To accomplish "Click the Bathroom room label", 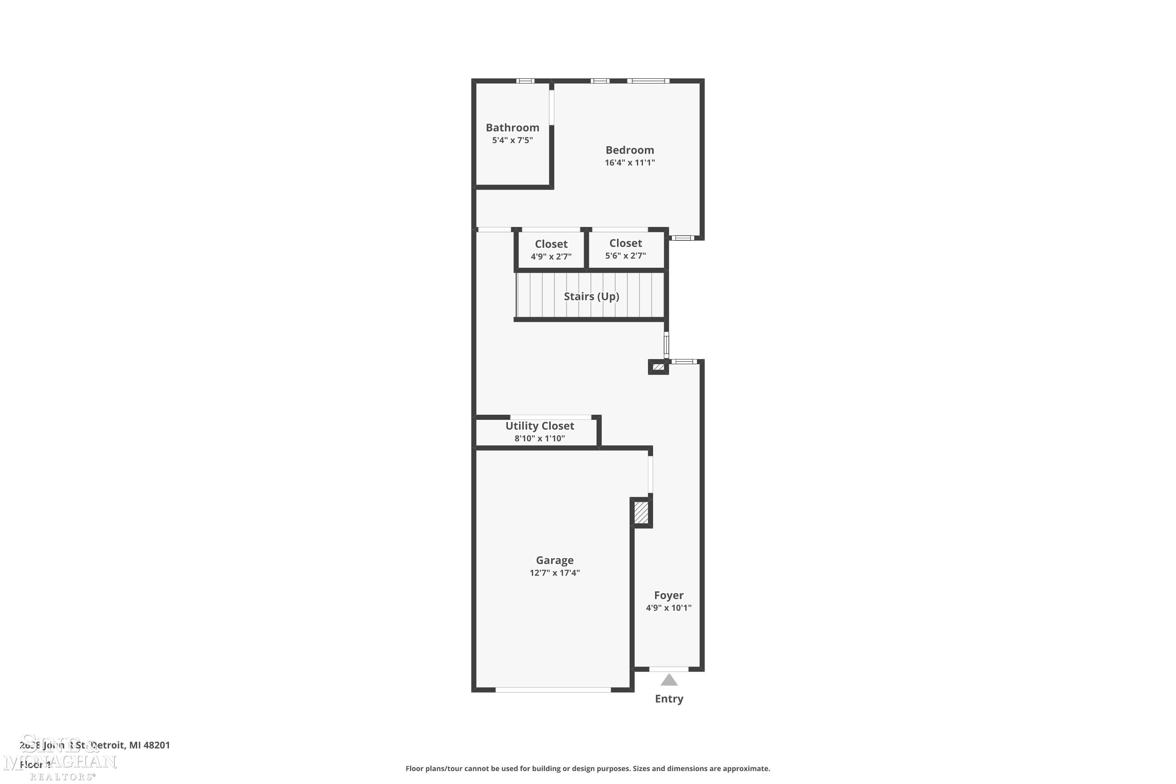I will point(512,127).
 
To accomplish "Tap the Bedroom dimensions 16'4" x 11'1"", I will point(630,163).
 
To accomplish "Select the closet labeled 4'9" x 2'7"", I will point(551,249).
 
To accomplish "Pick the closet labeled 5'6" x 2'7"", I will point(626,249).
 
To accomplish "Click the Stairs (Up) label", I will point(592,296).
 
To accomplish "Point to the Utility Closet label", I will point(539,426).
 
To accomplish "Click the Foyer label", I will point(668,595).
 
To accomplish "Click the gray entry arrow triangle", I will point(669,681).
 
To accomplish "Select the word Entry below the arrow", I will point(669,699).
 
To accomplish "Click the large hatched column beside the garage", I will point(641,512).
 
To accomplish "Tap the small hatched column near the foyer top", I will point(659,367).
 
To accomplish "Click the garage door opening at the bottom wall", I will point(553,690).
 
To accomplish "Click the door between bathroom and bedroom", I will point(552,107).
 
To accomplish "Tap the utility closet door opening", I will point(550,417).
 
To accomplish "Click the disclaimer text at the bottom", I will point(588,768).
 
